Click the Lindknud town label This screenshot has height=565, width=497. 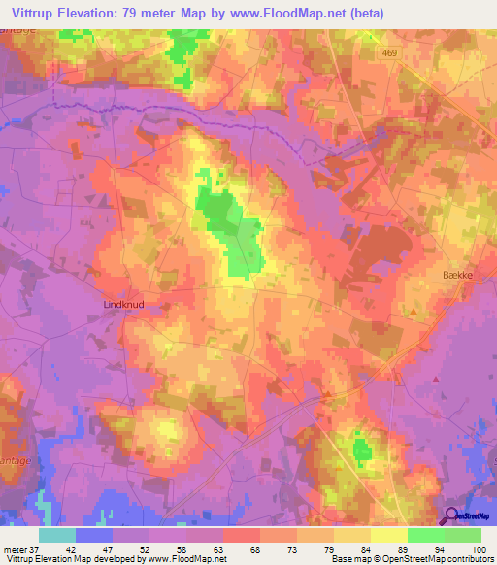click(x=123, y=304)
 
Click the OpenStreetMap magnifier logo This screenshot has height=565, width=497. click(x=449, y=516)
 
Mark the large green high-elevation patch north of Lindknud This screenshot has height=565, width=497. click(x=231, y=223)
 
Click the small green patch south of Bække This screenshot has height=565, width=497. click(x=362, y=448)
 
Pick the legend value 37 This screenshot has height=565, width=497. click(x=35, y=550)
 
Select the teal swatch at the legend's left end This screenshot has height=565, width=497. click(x=57, y=535)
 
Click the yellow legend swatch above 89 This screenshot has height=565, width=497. click(x=389, y=535)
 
